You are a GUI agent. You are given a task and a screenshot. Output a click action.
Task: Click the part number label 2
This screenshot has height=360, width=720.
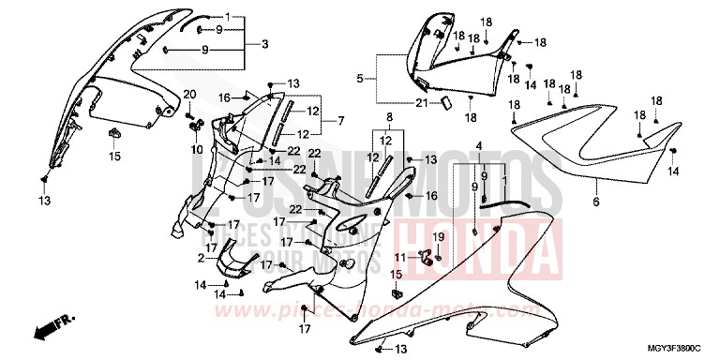coord(202,258)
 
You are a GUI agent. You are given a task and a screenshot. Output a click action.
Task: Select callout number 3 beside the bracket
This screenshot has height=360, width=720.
coord(264,44)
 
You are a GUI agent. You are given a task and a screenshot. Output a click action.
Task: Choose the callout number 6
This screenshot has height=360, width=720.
coord(595,202)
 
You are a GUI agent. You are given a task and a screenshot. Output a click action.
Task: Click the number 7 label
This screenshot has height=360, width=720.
coord(341,121)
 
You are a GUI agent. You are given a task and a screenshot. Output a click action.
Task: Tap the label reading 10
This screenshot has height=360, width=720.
coord(197,149)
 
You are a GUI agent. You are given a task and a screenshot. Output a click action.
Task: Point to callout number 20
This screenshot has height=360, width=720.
coord(188,94)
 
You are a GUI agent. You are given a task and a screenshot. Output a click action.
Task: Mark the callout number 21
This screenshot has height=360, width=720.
coord(422,103)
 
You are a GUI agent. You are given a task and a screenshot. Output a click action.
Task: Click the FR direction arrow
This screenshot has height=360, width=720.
coord(51,329)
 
